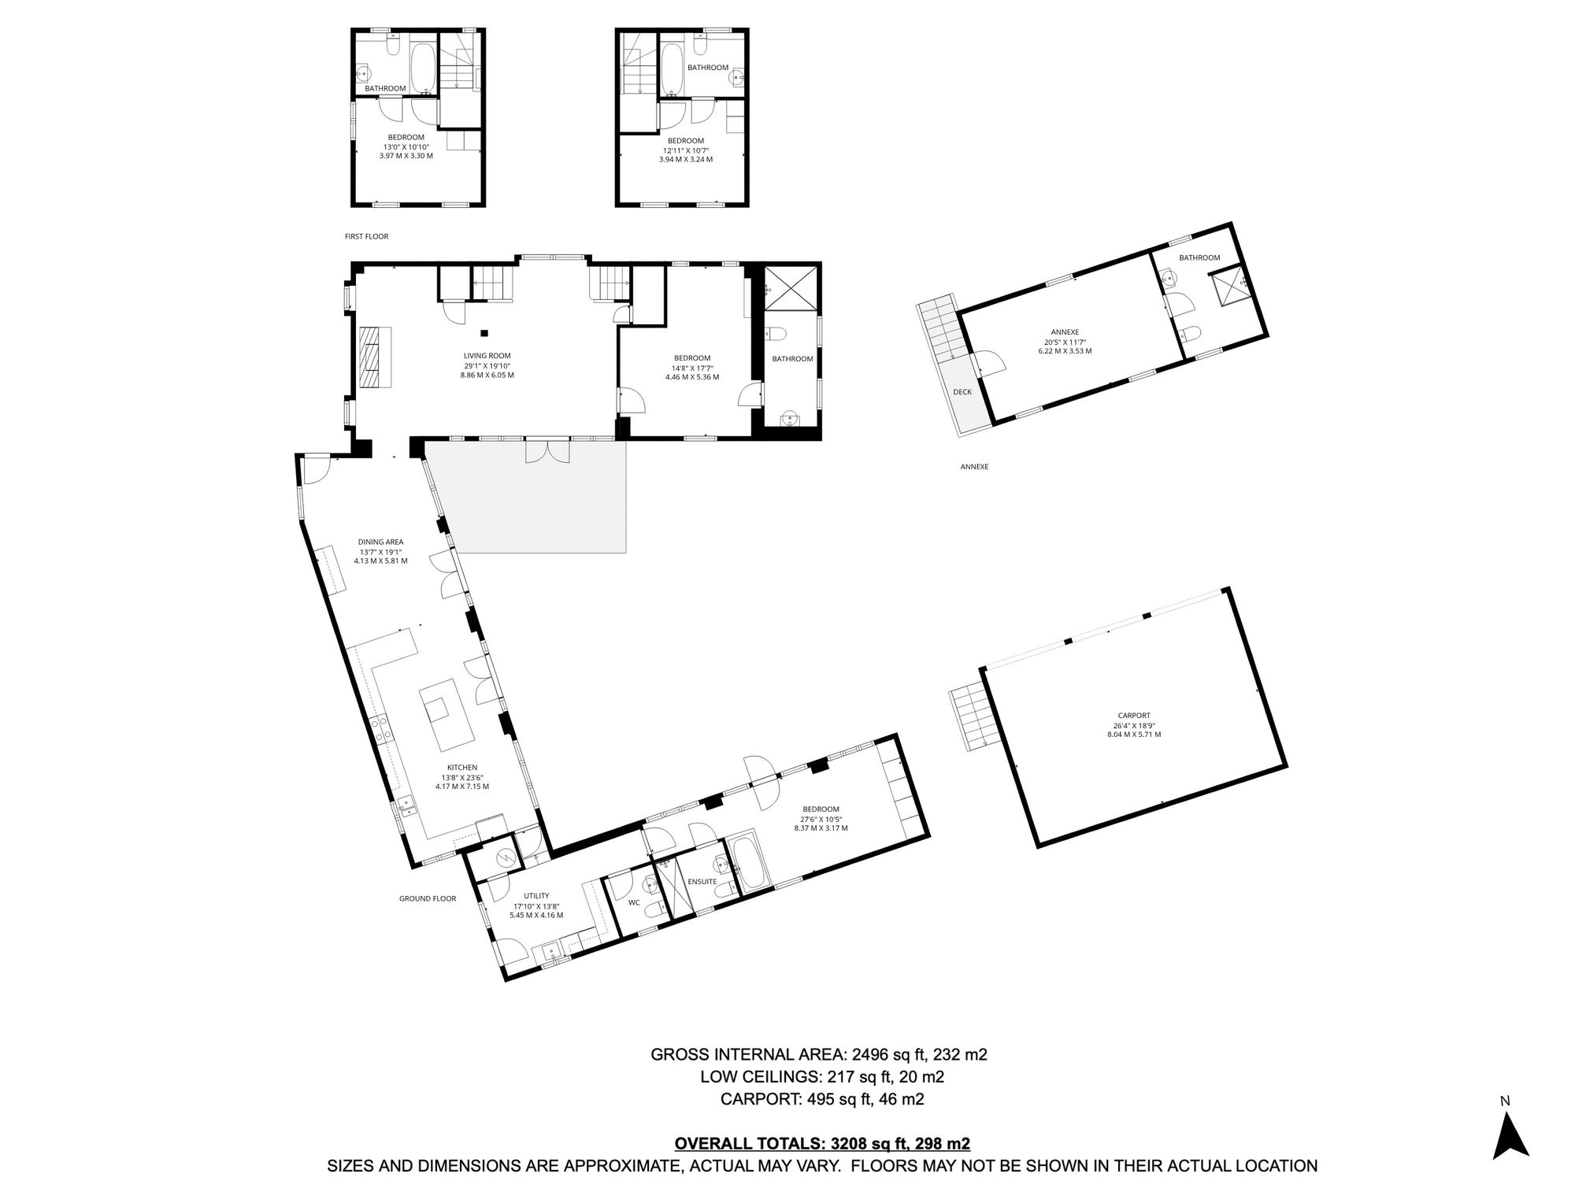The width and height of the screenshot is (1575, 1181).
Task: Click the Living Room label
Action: pyautogui.click(x=487, y=356)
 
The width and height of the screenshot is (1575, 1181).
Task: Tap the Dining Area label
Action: pyautogui.click(x=380, y=542)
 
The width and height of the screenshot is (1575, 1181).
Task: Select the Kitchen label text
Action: pyautogui.click(x=462, y=768)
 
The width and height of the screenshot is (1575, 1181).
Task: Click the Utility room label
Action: pyautogui.click(x=536, y=896)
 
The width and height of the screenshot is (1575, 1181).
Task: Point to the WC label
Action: pyautogui.click(x=634, y=903)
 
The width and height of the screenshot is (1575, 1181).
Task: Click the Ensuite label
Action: pyautogui.click(x=702, y=882)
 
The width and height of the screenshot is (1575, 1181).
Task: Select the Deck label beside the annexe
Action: pyautogui.click(x=962, y=392)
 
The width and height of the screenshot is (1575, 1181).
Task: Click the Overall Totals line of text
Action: pyautogui.click(x=822, y=1144)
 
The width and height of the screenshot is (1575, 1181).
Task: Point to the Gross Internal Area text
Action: pyautogui.click(x=819, y=1054)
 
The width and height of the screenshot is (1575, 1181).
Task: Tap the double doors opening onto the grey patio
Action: pyautogui.click(x=547, y=452)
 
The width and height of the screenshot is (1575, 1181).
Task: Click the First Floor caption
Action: pyautogui.click(x=366, y=236)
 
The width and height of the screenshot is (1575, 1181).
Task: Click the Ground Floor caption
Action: pyautogui.click(x=428, y=898)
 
